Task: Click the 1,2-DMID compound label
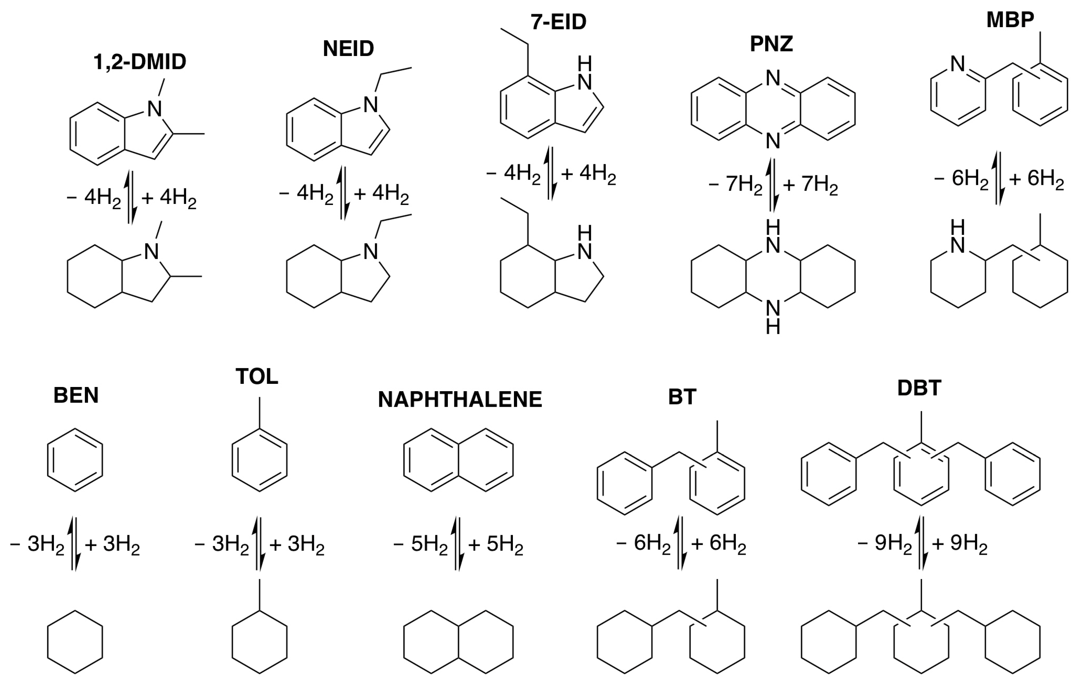[140, 62]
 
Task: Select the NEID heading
[348, 48]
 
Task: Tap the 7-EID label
[558, 22]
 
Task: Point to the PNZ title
[771, 44]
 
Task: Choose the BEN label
[76, 395]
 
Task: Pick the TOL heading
[257, 377]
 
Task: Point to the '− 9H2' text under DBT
[884, 545]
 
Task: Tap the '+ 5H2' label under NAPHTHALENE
[495, 545]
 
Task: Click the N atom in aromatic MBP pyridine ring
[958, 64]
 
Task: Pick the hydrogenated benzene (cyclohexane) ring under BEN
[75, 641]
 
